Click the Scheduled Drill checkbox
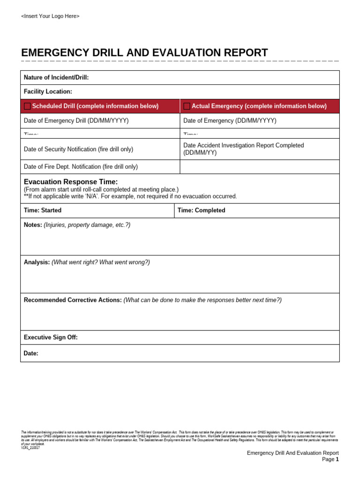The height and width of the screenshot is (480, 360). click(27, 106)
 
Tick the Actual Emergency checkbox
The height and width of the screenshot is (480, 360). click(187, 106)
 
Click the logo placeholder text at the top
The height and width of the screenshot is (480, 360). click(50, 16)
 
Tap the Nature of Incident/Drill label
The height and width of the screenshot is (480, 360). click(56, 77)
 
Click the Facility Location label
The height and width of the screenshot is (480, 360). click(48, 92)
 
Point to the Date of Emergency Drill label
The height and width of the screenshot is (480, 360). click(76, 120)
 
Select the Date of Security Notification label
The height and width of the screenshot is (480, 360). click(78, 149)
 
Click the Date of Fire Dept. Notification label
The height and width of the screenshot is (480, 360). click(81, 166)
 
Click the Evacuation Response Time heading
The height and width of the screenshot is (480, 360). click(71, 182)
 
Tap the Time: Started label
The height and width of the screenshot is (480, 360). click(43, 210)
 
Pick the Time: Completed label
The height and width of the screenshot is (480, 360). click(201, 210)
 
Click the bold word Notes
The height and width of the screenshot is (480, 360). click(33, 225)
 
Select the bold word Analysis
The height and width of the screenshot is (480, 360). click(37, 262)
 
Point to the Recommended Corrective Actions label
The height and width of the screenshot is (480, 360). click(73, 300)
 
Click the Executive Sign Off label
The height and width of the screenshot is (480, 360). click(51, 337)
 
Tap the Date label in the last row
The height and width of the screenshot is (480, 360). click(31, 353)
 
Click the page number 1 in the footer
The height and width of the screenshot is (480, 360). click(337, 459)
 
